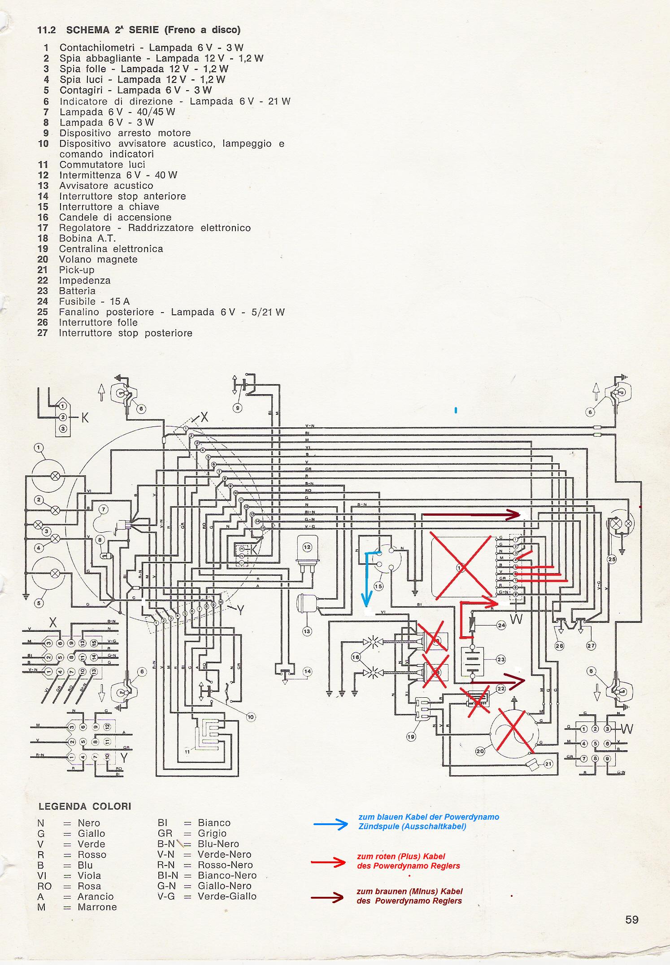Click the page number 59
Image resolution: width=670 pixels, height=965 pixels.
click(631, 920)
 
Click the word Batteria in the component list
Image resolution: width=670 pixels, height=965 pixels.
click(77, 291)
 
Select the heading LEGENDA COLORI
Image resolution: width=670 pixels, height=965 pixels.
click(85, 806)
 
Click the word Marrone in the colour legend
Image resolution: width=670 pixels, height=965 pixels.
click(97, 907)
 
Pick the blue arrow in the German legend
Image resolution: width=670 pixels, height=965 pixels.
click(330, 824)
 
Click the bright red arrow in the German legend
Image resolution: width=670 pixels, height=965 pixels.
click(329, 862)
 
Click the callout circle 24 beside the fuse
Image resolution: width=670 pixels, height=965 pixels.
click(501, 625)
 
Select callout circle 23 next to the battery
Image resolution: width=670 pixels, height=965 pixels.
click(501, 660)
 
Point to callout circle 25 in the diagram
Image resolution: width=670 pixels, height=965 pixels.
click(612, 559)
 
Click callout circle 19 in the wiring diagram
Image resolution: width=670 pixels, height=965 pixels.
click(411, 736)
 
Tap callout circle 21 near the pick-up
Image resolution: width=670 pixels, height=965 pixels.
click(548, 764)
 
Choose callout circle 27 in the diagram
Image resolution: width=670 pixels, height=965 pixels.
click(591, 646)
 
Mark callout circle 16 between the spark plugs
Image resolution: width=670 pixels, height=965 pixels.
click(356, 657)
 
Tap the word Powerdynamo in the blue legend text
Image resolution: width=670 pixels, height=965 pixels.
click(477, 817)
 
